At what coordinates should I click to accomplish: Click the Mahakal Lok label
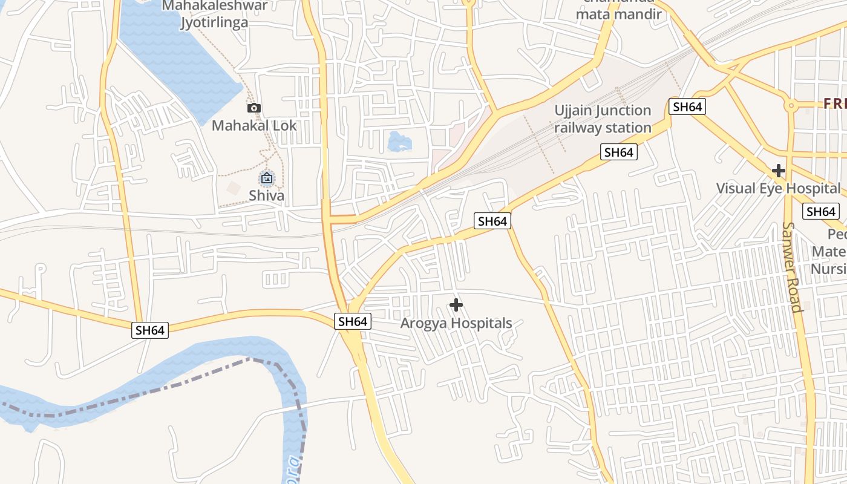[254, 125]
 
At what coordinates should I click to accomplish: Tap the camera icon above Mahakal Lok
[254, 108]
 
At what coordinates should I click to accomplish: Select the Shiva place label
[267, 195]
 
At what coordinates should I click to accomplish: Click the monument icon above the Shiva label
[267, 178]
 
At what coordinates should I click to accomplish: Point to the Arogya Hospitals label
[456, 323]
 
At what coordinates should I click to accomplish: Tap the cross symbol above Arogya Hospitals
[456, 305]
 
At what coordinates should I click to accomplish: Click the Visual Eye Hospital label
[778, 188]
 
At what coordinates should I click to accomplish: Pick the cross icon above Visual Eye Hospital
[779, 171]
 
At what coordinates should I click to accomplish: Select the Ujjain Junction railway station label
[603, 119]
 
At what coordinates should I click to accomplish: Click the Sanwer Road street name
[792, 267]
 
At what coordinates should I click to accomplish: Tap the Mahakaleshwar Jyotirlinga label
[215, 15]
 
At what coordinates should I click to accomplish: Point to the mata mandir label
[619, 14]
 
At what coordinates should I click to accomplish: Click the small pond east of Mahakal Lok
[399, 142]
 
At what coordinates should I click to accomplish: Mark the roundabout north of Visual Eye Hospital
[790, 106]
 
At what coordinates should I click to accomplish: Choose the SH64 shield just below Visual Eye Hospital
[821, 212]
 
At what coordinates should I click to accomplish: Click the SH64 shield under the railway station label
[619, 152]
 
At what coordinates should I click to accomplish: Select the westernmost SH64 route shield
[150, 330]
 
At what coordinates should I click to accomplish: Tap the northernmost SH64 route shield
[688, 107]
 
